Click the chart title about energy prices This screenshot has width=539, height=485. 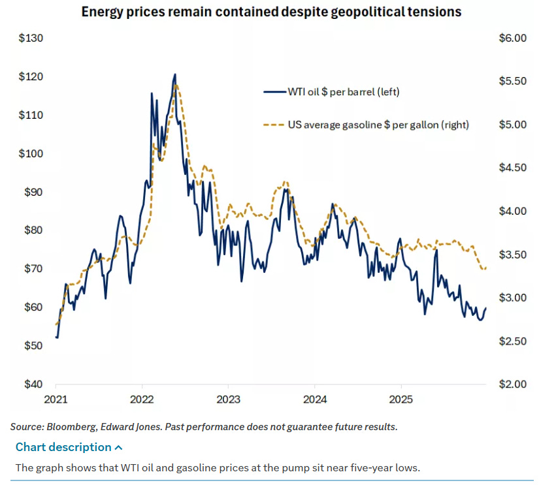271,12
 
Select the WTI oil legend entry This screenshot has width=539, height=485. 343,91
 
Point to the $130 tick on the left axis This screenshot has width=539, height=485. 31,39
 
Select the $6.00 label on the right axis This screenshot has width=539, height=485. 512,39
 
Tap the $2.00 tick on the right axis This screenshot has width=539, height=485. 512,384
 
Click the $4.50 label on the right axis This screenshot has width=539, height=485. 512,168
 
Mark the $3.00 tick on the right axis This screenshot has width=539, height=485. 512,298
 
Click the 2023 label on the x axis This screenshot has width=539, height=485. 229,399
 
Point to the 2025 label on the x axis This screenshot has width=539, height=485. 401,399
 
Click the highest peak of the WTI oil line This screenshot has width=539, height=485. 174,75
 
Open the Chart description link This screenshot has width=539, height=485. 63,447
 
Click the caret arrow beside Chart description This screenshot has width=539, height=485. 118,447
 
